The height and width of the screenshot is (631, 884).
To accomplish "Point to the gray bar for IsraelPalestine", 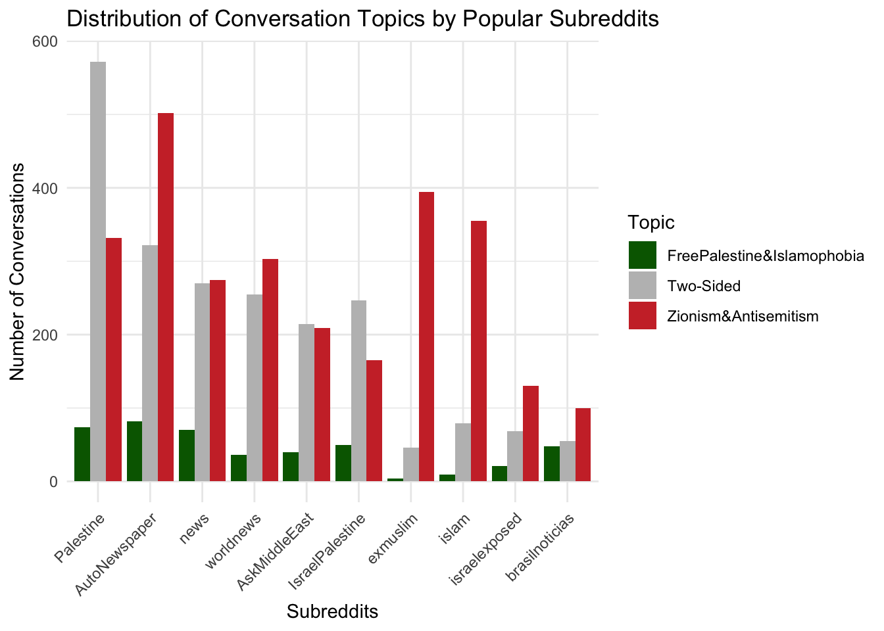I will pyautogui.click(x=358, y=390).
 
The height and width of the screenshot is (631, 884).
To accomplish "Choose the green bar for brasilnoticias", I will pyautogui.click(x=552, y=463).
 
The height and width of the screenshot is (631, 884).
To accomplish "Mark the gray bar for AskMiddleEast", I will pyautogui.click(x=307, y=402).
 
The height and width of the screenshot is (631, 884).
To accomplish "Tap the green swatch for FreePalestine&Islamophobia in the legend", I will pyautogui.click(x=643, y=256).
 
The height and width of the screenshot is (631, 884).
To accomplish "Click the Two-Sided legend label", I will pyautogui.click(x=704, y=286).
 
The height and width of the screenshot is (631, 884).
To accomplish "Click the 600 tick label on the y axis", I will pyautogui.click(x=44, y=41).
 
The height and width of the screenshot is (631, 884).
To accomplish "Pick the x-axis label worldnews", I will pyautogui.click(x=234, y=540).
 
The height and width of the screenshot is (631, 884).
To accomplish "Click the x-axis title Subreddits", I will pyautogui.click(x=332, y=612).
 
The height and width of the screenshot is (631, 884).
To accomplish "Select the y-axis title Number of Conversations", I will pyautogui.click(x=18, y=271).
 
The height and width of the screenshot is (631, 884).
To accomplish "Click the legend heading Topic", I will pyautogui.click(x=651, y=222).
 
